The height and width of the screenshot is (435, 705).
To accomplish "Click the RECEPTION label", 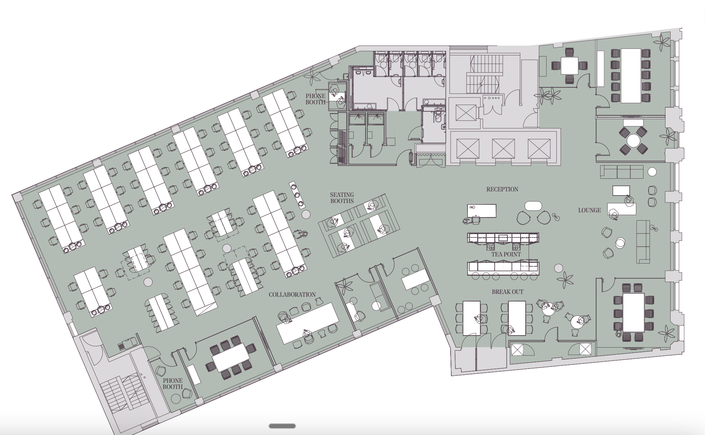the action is coord(502,189).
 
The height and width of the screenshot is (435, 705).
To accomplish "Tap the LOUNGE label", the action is coord(590,210).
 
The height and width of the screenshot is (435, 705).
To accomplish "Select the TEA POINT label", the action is coord(506,254).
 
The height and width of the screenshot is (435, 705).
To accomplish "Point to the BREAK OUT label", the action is coord(507,292).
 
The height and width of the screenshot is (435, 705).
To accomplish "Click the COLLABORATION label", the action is coord(292,295).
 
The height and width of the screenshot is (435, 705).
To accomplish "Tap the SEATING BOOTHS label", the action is coord(342,198).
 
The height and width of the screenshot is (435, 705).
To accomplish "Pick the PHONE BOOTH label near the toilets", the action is coord(315,99).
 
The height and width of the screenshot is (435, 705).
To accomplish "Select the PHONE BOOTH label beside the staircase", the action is coord(173,384).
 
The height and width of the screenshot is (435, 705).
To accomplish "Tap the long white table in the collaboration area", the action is coord(308,323).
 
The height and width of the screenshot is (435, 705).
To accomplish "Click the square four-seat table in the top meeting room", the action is coord(570,65).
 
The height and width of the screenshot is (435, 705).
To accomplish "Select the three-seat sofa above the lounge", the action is coord(622,172).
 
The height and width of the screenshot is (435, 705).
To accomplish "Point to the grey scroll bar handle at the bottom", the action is coord(282,426).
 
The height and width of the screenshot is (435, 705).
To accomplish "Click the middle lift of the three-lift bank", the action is coord(503,148).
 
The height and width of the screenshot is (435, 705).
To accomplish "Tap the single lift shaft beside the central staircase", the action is coord(465,113).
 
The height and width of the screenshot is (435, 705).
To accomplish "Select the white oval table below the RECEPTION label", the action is coord(533,206).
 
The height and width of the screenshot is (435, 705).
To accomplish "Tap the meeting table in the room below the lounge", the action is coord(634,312).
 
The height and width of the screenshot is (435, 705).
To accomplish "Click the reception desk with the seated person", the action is coord(482,211).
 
